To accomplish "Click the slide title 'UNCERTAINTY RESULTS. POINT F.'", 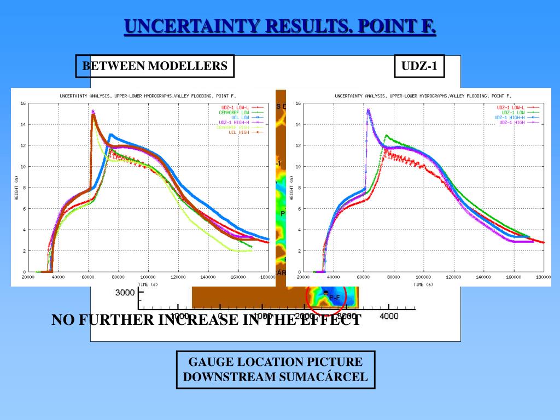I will (280, 26).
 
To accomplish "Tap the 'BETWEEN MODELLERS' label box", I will (155, 66).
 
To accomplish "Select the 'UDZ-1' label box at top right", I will (419, 66).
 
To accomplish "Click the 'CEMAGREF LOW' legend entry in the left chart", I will (234, 113).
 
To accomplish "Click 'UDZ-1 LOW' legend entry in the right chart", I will (512, 113).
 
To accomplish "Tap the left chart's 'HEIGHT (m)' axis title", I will (16, 188).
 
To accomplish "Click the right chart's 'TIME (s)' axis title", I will (423, 284).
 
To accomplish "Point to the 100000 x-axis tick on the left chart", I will (148, 277).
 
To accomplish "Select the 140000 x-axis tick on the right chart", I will (483, 277).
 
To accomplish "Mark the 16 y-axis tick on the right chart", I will (298, 103).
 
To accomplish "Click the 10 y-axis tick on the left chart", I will (23, 166).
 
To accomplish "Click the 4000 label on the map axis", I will (389, 316).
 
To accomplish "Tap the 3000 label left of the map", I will (125, 293).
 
